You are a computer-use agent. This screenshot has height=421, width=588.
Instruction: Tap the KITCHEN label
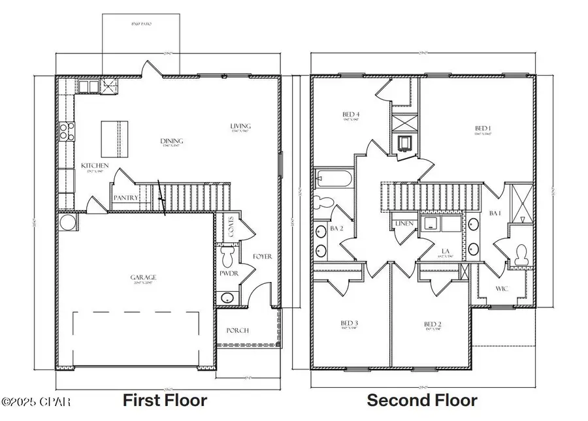pos(95,166)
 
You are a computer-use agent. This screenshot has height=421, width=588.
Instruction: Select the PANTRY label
pos(125,197)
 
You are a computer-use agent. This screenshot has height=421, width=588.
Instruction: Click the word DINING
pos(172,141)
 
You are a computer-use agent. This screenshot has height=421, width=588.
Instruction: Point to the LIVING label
pos(240,126)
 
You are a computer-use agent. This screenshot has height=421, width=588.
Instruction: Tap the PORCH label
pos(238,330)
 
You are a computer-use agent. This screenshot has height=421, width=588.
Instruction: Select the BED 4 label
pos(351,115)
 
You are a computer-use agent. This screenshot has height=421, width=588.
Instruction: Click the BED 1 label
pos(483,127)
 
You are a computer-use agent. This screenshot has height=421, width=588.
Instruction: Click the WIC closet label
pos(502,288)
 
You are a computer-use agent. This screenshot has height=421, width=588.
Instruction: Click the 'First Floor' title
pos(165,400)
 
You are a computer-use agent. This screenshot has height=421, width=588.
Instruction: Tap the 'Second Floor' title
pos(421,400)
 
